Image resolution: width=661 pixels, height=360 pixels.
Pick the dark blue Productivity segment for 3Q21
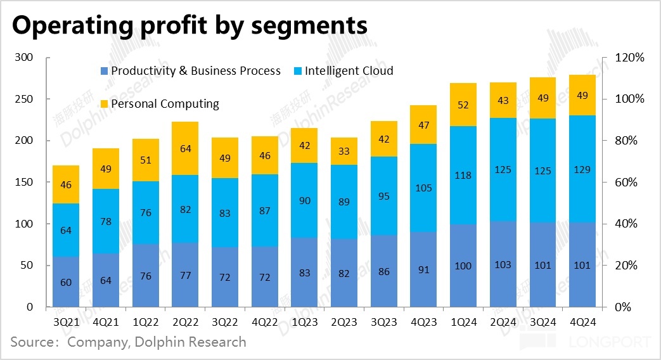click(65, 282)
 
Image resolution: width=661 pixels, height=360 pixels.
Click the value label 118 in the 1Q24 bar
click(463, 176)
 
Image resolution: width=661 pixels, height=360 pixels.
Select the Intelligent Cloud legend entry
click(349, 71)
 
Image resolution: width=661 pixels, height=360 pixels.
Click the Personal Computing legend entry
click(165, 104)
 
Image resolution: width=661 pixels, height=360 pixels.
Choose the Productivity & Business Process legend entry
click(195, 71)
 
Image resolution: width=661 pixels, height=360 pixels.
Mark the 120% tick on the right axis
click(629, 58)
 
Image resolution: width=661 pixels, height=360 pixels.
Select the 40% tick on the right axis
click(627, 224)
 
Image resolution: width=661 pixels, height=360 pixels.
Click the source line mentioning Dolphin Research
click(129, 343)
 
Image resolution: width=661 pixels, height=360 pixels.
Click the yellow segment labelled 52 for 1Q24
click(463, 105)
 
